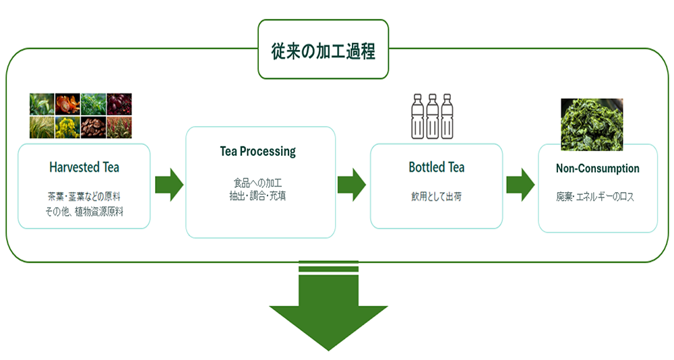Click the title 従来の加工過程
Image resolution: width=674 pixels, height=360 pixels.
coord(323,50)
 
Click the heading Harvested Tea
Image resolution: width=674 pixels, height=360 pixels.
coord(84,167)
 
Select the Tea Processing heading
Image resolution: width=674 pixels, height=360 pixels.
coord(258,151)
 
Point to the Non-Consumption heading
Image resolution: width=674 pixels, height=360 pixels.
coord(597,168)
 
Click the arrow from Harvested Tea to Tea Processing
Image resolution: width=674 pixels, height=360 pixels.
coord(168,184)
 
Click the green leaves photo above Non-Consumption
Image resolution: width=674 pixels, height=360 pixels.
coord(592,124)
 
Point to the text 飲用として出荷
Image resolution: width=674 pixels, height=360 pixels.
coord(436,198)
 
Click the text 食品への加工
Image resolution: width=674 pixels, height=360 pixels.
coord(258,183)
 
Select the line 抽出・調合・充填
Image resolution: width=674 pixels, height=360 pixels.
coord(258,196)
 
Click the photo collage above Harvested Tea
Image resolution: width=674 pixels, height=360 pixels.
coord(80,115)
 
